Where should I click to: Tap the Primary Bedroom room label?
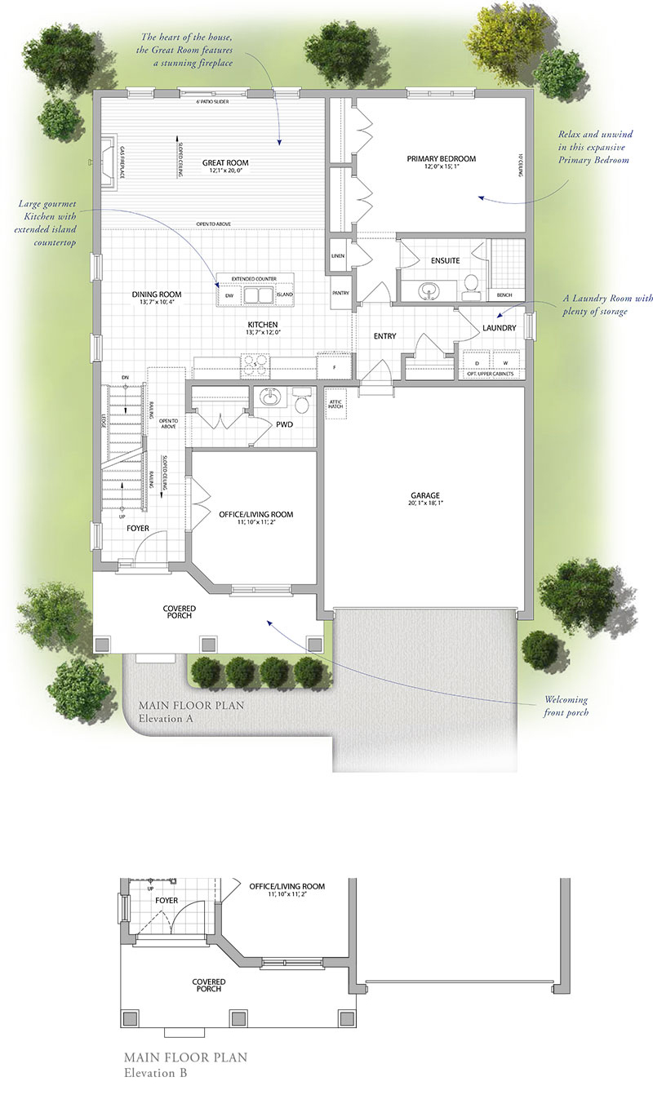441,158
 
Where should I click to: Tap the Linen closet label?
338,255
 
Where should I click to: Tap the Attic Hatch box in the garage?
335,404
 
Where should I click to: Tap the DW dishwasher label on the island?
229,294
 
